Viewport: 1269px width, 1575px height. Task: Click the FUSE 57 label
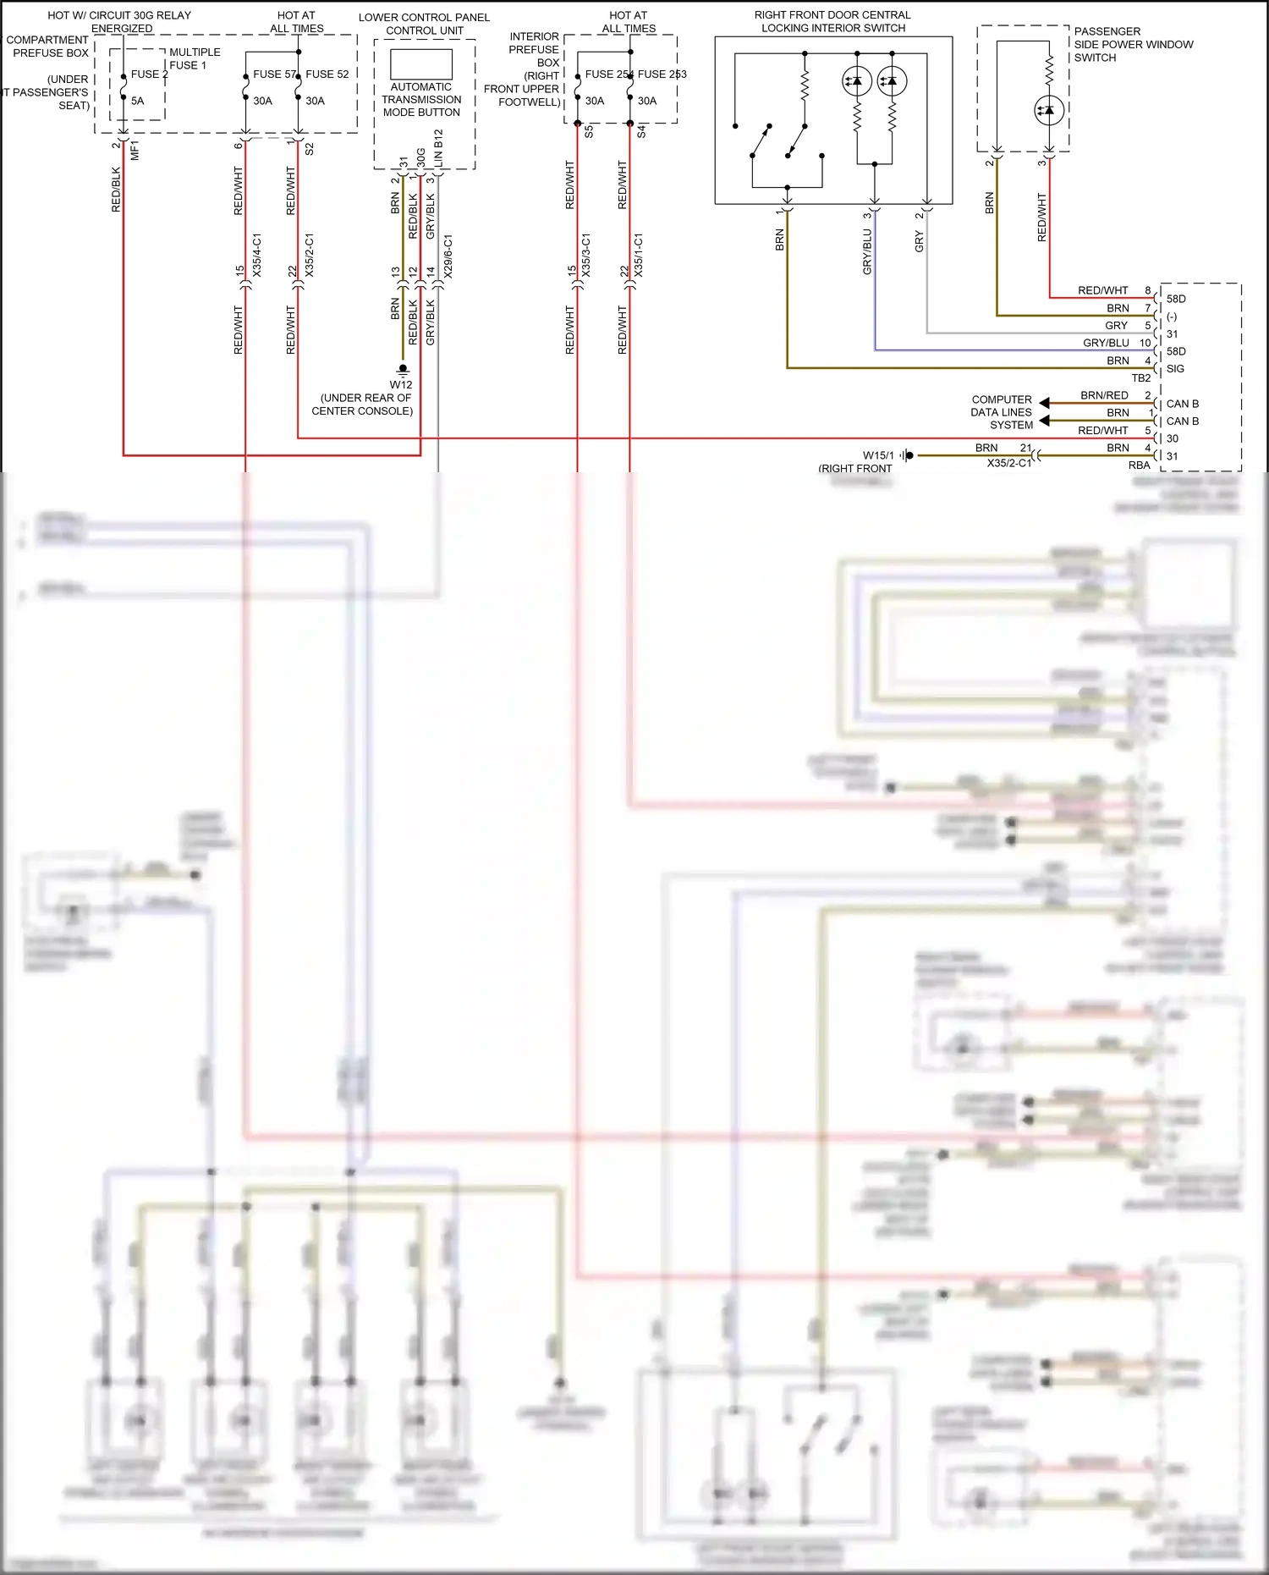click(x=273, y=74)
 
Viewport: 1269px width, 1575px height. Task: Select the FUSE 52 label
click(x=327, y=74)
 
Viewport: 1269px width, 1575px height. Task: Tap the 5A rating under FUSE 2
click(x=137, y=101)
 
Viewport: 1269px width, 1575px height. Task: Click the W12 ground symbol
click(x=404, y=370)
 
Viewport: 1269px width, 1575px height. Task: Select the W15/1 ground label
click(x=878, y=455)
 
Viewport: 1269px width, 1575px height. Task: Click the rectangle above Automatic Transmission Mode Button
click(x=421, y=64)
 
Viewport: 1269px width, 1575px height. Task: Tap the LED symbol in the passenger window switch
click(x=1049, y=110)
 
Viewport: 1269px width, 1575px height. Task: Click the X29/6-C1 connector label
click(x=448, y=256)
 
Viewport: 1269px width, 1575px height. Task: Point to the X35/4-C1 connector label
click(x=257, y=256)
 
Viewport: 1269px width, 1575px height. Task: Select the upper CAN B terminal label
click(x=1182, y=404)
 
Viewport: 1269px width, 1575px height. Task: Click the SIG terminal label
click(x=1175, y=369)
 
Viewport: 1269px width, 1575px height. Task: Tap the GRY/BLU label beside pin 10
click(x=1106, y=343)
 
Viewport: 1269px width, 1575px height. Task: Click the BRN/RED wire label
click(x=1104, y=395)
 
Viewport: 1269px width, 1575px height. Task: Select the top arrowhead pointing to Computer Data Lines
click(x=1045, y=403)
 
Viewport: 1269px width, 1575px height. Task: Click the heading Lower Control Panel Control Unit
click(x=424, y=24)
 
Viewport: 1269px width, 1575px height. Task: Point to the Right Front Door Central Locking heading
click(x=832, y=21)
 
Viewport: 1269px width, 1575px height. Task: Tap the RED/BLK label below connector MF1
click(x=116, y=189)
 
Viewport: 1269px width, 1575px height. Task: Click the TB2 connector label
click(x=1140, y=378)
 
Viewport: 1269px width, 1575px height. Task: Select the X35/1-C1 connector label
click(x=639, y=256)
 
